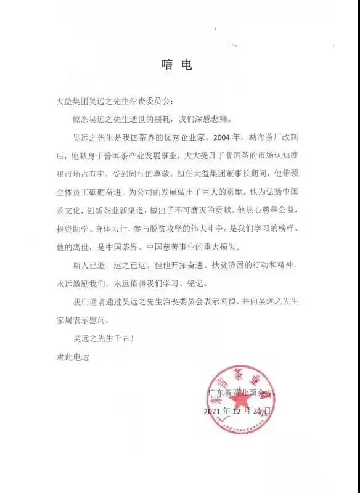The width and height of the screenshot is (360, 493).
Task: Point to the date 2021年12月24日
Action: [x=237, y=410]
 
